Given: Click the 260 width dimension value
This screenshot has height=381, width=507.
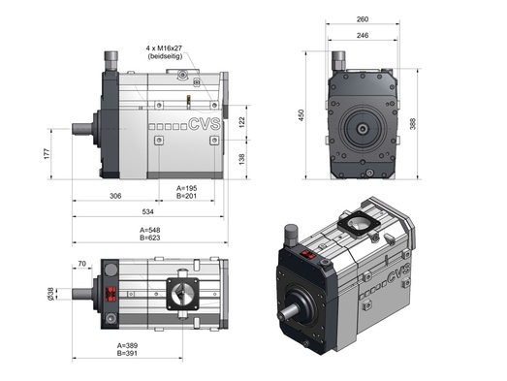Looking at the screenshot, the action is pyautogui.click(x=363, y=19).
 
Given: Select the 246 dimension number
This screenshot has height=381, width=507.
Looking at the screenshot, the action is pyautogui.click(x=363, y=35).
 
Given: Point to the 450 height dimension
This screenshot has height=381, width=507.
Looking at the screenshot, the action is pyautogui.click(x=301, y=115).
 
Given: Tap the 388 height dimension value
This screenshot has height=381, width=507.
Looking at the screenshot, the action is pyautogui.click(x=413, y=124).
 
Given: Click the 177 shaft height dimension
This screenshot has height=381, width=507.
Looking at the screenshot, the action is pyautogui.click(x=48, y=153).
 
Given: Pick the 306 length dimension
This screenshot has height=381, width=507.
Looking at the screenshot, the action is pyautogui.click(x=115, y=196).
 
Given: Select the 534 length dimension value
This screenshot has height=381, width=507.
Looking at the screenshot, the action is pyautogui.click(x=147, y=212).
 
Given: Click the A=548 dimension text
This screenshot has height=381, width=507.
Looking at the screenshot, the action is pyautogui.click(x=149, y=230).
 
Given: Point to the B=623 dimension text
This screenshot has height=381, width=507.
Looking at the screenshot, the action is pyautogui.click(x=149, y=238).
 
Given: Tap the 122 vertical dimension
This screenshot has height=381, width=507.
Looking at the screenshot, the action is pyautogui.click(x=241, y=122).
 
